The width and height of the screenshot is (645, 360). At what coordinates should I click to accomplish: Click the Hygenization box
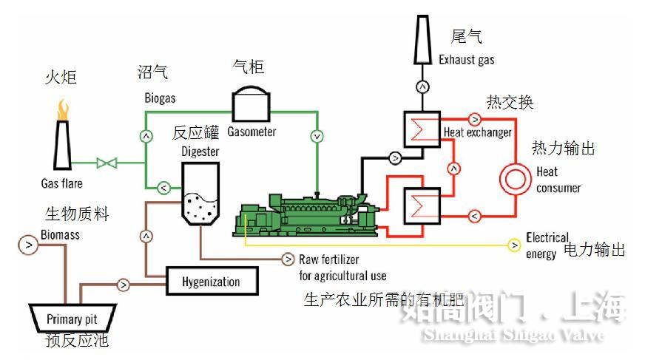[x=212, y=282]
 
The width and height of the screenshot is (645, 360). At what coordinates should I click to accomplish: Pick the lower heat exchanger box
[x=421, y=205]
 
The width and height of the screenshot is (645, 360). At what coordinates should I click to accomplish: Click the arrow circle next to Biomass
[x=28, y=243]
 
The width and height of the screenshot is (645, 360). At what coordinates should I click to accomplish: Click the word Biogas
[x=160, y=98]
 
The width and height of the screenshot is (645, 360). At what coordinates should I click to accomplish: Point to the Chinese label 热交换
[x=510, y=102]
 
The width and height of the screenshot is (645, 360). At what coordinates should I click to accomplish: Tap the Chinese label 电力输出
[x=594, y=250]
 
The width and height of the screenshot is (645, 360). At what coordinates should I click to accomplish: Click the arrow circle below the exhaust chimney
[x=423, y=86]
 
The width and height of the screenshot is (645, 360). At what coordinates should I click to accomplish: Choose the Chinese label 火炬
[x=61, y=77]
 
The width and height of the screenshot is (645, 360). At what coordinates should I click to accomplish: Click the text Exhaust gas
[x=466, y=59]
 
